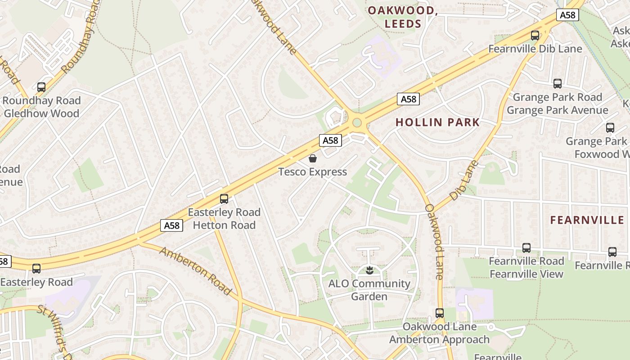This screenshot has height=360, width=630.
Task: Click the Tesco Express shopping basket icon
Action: pos(313,158)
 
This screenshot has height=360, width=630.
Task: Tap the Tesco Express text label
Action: pos(313,172)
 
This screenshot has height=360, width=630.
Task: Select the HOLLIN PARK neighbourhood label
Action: pos(437,122)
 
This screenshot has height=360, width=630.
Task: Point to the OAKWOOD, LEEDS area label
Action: pos(403,17)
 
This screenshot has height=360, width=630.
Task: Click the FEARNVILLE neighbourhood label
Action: pos(587,220)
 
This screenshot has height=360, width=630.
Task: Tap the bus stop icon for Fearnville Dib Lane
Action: pos(535,36)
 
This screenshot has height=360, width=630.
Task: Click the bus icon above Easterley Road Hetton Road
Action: pos(224,199)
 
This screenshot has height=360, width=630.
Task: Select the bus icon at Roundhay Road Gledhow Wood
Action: pos(41,87)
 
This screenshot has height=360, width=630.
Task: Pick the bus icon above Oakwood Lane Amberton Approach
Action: pos(440,313)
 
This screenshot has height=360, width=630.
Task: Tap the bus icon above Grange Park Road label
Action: pos(558,84)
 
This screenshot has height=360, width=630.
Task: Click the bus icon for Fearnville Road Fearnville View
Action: pos(526,248)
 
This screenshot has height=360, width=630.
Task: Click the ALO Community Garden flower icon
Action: pos(369,270)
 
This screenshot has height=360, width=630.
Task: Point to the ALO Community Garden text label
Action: pos(369,290)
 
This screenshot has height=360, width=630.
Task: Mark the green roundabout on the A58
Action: pos(357,122)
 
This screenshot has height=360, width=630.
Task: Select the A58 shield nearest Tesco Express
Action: pos(330,140)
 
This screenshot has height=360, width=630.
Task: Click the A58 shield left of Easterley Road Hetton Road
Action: pos(172,225)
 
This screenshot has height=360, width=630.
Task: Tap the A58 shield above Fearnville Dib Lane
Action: pos(567,15)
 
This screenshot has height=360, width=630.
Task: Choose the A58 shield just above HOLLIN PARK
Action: pos(408,99)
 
